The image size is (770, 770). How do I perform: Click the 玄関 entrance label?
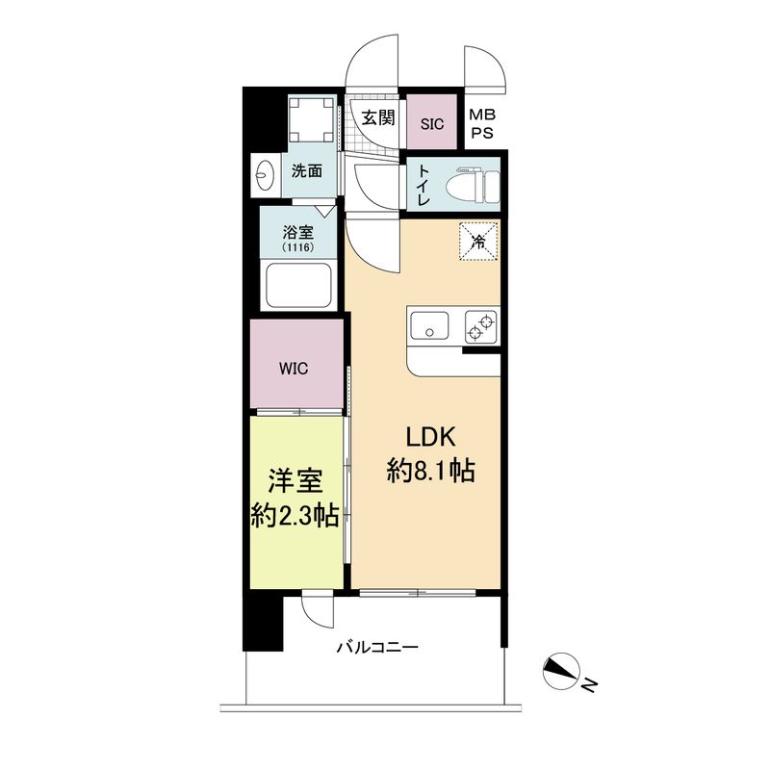point(378,118)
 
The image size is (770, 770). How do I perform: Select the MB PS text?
point(481,124)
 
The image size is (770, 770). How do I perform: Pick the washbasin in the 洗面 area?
point(265,173)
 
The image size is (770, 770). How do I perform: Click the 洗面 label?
point(306,172)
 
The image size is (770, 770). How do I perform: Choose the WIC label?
point(294,369)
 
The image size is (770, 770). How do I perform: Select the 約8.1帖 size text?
point(430,474)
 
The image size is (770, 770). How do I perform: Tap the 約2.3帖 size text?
point(290,516)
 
